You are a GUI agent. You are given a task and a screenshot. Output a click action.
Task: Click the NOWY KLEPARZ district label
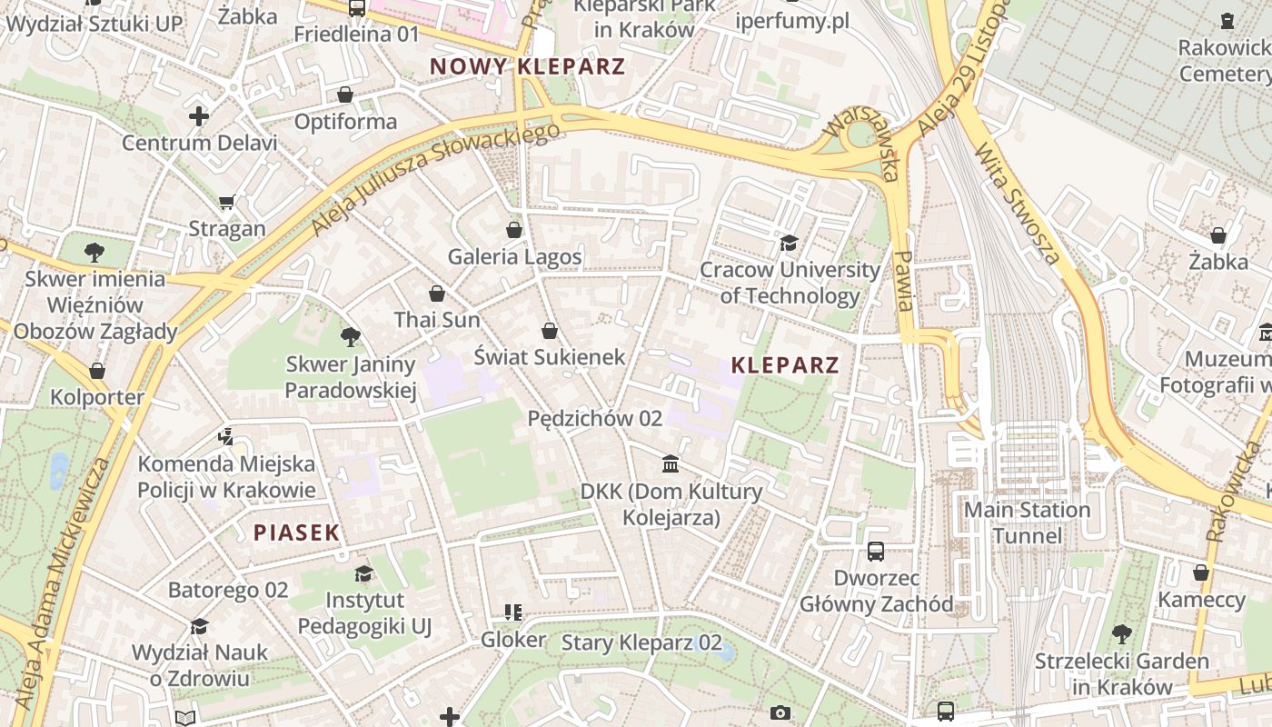[x=527, y=66]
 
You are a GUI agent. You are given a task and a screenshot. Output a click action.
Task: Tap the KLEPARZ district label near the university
[x=785, y=365]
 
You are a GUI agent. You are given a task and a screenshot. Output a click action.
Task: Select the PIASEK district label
[x=296, y=533]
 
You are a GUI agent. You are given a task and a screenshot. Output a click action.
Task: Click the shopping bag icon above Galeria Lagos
[x=514, y=230]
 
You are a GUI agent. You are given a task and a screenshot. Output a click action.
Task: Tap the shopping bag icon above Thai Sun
[x=437, y=294]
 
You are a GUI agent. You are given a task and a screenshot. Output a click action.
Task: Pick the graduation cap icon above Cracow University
[x=789, y=243]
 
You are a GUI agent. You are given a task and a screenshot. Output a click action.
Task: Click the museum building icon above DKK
[x=671, y=464]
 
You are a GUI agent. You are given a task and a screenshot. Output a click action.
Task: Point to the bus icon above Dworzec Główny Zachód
[x=876, y=551]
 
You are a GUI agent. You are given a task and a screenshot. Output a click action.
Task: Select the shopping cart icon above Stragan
[x=227, y=202]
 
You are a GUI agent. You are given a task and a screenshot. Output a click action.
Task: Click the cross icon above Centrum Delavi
[x=199, y=116]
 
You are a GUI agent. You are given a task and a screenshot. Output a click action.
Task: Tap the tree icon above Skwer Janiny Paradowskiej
[x=350, y=338]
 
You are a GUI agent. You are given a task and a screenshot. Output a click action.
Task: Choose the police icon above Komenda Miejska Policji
[x=226, y=437]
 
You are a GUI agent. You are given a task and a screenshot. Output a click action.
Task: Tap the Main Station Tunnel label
[x=1027, y=523]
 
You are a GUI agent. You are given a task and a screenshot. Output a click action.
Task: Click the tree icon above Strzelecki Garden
[x=1122, y=633]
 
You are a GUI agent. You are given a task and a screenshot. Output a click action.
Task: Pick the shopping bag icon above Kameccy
[x=1201, y=573]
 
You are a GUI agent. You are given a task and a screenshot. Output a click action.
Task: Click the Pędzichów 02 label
[x=595, y=419]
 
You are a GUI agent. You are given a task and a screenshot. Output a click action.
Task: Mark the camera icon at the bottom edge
[x=780, y=713]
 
